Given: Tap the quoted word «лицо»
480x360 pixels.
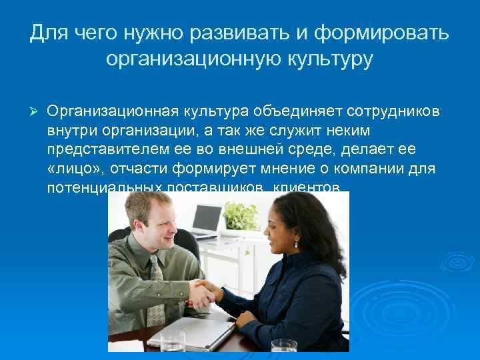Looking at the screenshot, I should click(x=70, y=169).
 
